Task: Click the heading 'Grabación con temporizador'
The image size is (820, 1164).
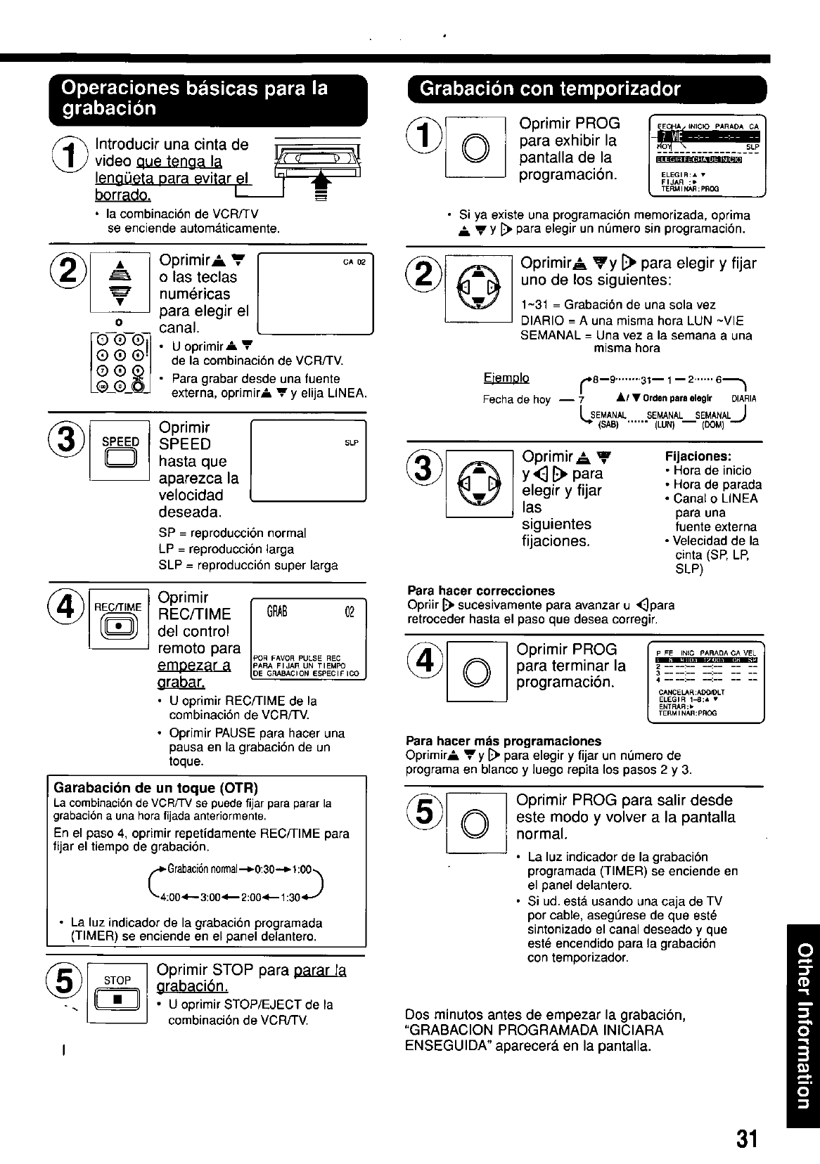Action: pos(550,89)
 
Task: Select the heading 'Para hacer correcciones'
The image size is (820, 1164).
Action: pos(481,590)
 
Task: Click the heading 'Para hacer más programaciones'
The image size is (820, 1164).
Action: pos(504,741)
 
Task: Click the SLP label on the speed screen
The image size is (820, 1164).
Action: pos(352,443)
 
